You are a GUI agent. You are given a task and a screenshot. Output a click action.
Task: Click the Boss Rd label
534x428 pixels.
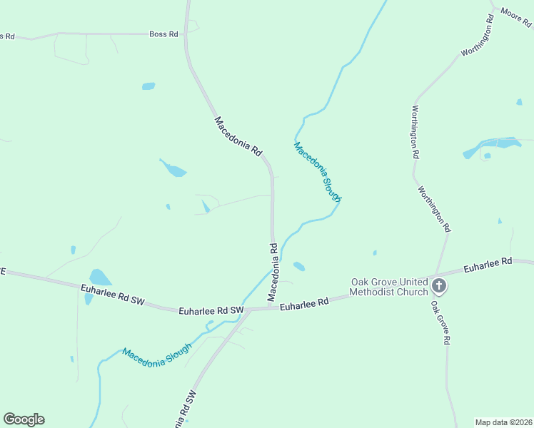[x=163, y=34]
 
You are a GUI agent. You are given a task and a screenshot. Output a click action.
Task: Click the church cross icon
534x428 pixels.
[x=439, y=287]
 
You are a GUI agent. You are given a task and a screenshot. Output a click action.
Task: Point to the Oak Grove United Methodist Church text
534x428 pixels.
[x=388, y=286]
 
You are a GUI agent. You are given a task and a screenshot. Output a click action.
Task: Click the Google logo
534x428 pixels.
[x=24, y=419]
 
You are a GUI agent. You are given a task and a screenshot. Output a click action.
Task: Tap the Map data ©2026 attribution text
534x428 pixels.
[x=503, y=422]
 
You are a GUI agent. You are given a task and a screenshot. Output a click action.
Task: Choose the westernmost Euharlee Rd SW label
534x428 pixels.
[x=113, y=294]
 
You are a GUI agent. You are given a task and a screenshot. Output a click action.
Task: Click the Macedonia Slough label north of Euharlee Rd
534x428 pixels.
[x=318, y=172]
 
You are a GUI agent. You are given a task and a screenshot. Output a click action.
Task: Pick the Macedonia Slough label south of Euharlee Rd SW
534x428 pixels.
[x=156, y=354]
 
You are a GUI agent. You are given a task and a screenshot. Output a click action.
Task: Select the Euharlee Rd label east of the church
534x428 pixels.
[x=488, y=265]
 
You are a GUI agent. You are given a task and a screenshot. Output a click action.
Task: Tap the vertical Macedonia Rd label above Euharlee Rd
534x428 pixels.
[x=273, y=271]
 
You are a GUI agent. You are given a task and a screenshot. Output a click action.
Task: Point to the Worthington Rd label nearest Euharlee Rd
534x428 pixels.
[x=435, y=210]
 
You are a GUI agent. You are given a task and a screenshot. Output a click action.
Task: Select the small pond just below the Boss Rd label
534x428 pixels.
[x=148, y=86]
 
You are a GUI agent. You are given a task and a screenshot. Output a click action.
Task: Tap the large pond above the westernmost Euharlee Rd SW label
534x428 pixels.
[x=100, y=277]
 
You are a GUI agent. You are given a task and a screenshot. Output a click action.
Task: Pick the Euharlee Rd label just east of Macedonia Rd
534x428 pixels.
[x=304, y=304]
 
